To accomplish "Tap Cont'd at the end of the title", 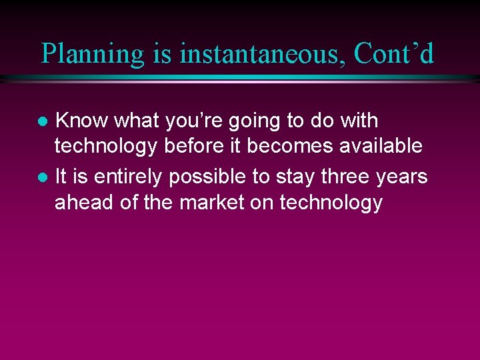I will click(394, 54).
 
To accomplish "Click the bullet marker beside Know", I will click(42, 122).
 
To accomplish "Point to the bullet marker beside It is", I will click(42, 178).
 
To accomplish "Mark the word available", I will click(381, 146).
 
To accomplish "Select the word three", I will click(347, 177).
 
